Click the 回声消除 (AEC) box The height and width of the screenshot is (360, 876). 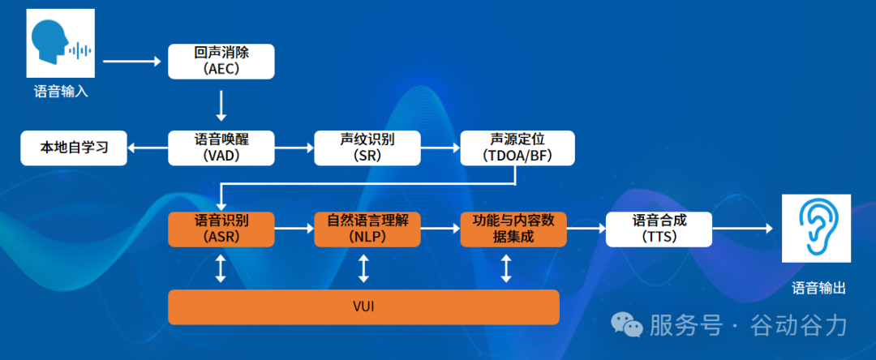(221, 62)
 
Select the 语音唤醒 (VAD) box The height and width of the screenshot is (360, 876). (221, 148)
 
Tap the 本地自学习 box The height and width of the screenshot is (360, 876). (74, 148)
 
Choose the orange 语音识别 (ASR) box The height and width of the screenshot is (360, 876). (221, 229)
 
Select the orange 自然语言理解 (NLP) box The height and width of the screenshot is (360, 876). (367, 229)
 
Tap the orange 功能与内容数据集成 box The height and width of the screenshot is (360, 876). (513, 229)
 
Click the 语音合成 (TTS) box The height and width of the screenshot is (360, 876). (659, 229)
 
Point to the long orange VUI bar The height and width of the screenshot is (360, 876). (363, 307)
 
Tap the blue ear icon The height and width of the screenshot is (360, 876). (815, 229)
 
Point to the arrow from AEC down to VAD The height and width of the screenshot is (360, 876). (221, 105)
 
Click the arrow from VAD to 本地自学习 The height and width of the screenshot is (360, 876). (148, 148)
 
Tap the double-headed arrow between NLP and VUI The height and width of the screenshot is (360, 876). (363, 268)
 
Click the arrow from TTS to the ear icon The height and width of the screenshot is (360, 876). (746, 229)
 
